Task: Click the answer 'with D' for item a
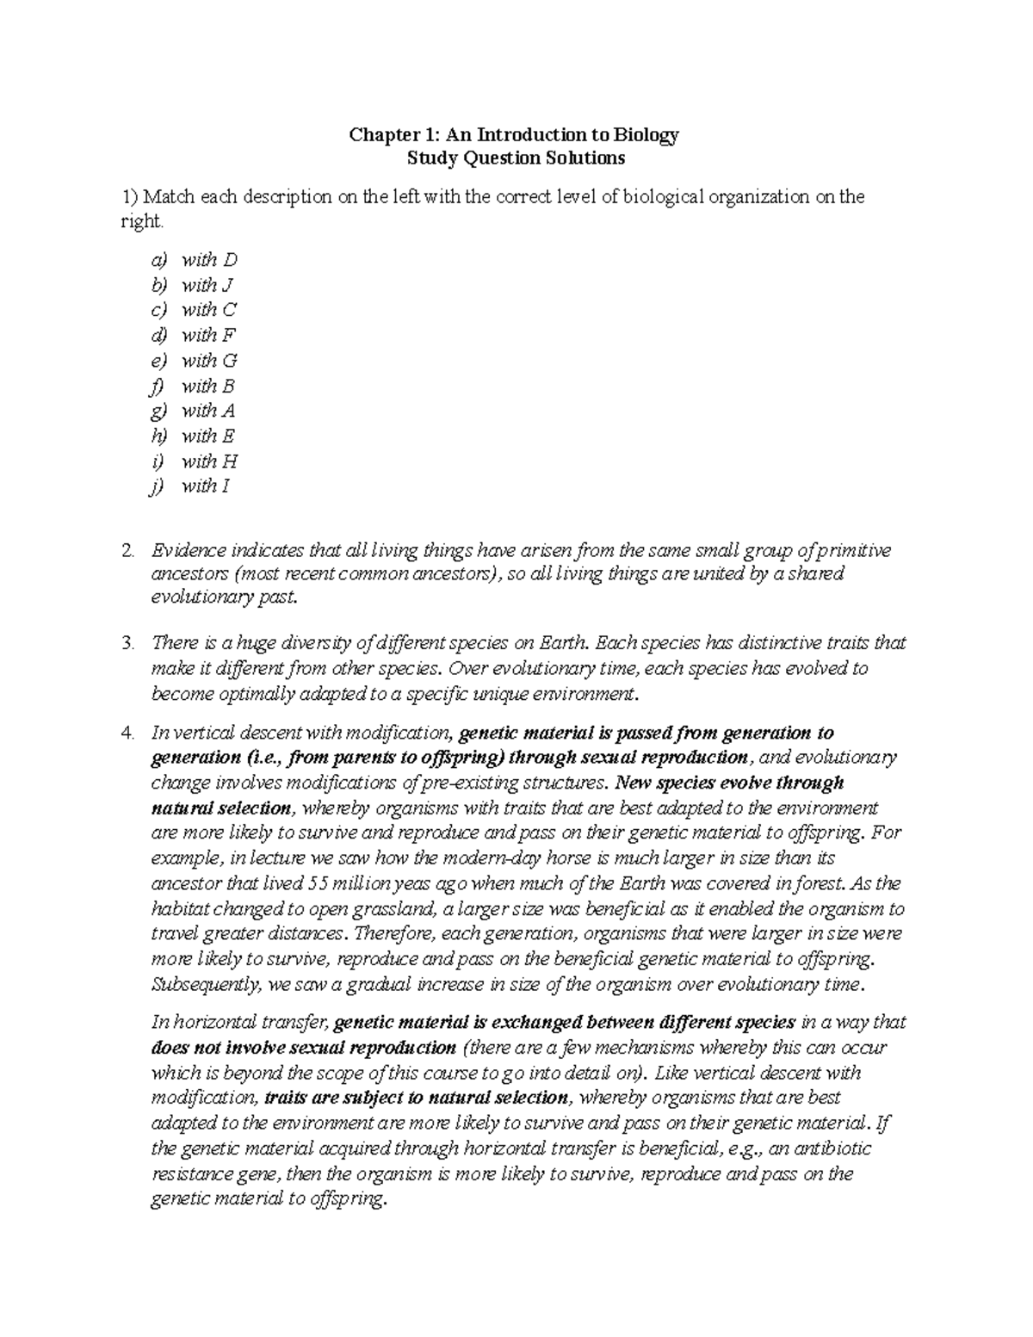(208, 260)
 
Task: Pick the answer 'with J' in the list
(207, 285)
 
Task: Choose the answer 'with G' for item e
(208, 361)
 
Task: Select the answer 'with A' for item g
(207, 411)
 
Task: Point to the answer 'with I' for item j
(205, 486)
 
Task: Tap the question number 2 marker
(128, 550)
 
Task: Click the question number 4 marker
(128, 733)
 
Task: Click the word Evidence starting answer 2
(189, 550)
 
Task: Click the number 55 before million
(319, 883)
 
